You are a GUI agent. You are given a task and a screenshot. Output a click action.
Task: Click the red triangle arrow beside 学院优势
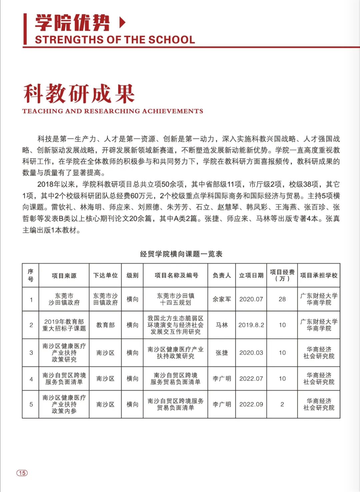click(122, 23)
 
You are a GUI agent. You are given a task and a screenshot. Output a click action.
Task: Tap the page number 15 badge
click(22, 473)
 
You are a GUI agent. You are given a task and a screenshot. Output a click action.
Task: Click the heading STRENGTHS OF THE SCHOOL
click(115, 40)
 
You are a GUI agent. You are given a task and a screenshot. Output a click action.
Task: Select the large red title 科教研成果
click(79, 94)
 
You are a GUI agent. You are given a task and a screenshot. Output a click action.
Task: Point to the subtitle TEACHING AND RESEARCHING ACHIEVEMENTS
click(113, 111)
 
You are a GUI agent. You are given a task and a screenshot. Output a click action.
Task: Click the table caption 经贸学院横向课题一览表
click(181, 254)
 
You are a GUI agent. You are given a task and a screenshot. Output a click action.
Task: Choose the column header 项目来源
click(64, 275)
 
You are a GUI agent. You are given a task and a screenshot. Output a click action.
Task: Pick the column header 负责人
click(222, 275)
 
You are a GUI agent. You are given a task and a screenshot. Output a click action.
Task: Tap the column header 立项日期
click(251, 275)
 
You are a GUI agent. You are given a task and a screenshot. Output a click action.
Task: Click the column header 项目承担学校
click(319, 275)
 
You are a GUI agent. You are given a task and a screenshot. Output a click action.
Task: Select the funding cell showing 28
click(282, 299)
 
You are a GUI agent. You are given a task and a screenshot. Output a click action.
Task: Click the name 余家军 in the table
click(222, 299)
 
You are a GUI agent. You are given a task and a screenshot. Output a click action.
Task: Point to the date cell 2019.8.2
click(251, 325)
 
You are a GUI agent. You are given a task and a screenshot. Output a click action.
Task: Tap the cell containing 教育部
click(105, 325)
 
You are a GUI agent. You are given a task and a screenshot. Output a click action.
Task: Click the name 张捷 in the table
click(222, 353)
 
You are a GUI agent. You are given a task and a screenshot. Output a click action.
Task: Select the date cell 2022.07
click(251, 379)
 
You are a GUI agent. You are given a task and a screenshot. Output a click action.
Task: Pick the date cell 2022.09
click(251, 404)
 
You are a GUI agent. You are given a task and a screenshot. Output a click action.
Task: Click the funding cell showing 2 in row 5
click(282, 404)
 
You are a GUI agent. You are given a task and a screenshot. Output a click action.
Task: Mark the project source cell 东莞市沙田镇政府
click(64, 299)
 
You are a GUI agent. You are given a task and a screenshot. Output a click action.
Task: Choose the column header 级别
click(132, 275)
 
